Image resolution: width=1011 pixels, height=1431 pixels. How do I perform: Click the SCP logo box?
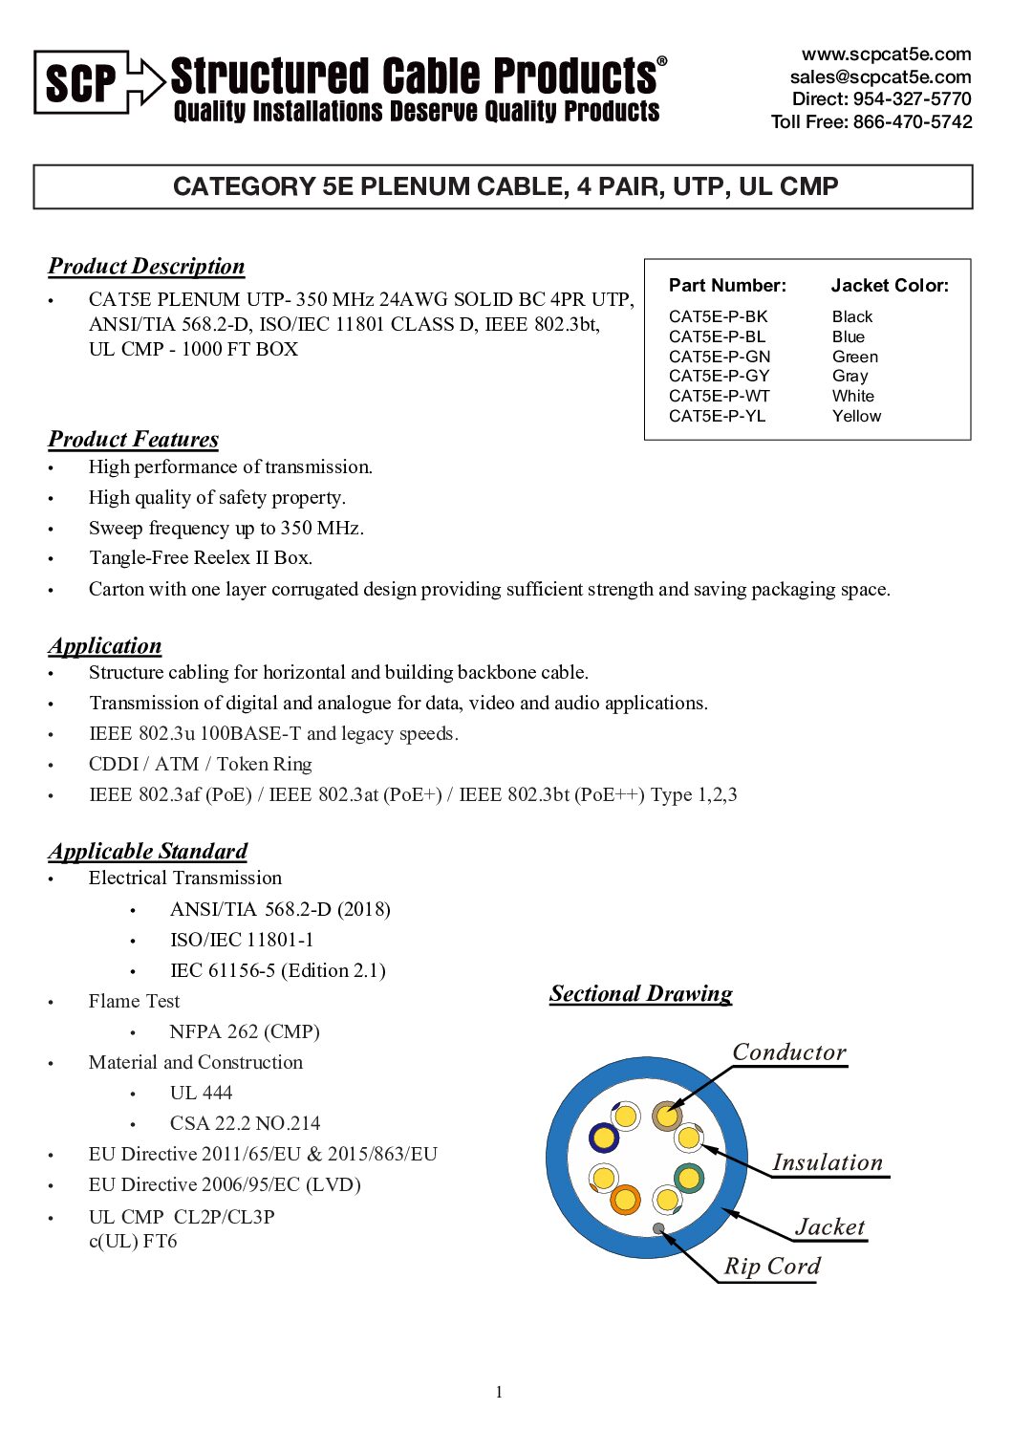pyautogui.click(x=81, y=83)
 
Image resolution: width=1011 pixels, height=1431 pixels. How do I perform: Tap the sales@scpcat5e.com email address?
pyautogui.click(x=880, y=76)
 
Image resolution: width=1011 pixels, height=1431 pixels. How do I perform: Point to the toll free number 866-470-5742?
pyautogui.click(x=913, y=121)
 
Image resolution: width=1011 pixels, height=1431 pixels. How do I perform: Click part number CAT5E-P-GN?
pyautogui.click(x=720, y=357)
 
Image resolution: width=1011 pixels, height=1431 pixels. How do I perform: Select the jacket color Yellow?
pyautogui.click(x=856, y=416)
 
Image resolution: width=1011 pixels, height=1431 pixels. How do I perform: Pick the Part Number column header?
pyautogui.click(x=727, y=285)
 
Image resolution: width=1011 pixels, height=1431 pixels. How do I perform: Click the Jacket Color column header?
pyautogui.click(x=890, y=285)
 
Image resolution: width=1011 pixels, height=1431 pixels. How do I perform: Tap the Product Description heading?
pyautogui.click(x=146, y=266)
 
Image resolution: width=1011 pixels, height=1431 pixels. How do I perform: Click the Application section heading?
pyautogui.click(x=105, y=645)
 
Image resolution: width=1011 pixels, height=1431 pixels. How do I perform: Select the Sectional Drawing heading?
pyautogui.click(x=640, y=993)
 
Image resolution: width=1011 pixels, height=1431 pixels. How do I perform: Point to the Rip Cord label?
pyautogui.click(x=772, y=1266)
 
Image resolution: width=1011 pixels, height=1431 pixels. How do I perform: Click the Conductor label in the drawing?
pyautogui.click(x=789, y=1052)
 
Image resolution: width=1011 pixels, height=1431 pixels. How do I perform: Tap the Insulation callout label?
pyautogui.click(x=828, y=1161)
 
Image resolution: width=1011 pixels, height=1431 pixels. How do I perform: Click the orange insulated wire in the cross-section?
pyautogui.click(x=625, y=1199)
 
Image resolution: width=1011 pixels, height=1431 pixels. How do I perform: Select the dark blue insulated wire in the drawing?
pyautogui.click(x=604, y=1138)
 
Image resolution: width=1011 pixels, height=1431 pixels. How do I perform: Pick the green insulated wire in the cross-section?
pyautogui.click(x=688, y=1177)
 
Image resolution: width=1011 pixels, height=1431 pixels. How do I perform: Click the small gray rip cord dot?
pyautogui.click(x=658, y=1228)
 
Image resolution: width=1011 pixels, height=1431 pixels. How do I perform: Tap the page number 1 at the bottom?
pyautogui.click(x=499, y=1392)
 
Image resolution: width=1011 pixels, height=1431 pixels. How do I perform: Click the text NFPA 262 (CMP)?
pyautogui.click(x=245, y=1031)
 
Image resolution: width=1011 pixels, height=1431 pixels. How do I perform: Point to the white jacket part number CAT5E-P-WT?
pyautogui.click(x=720, y=396)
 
